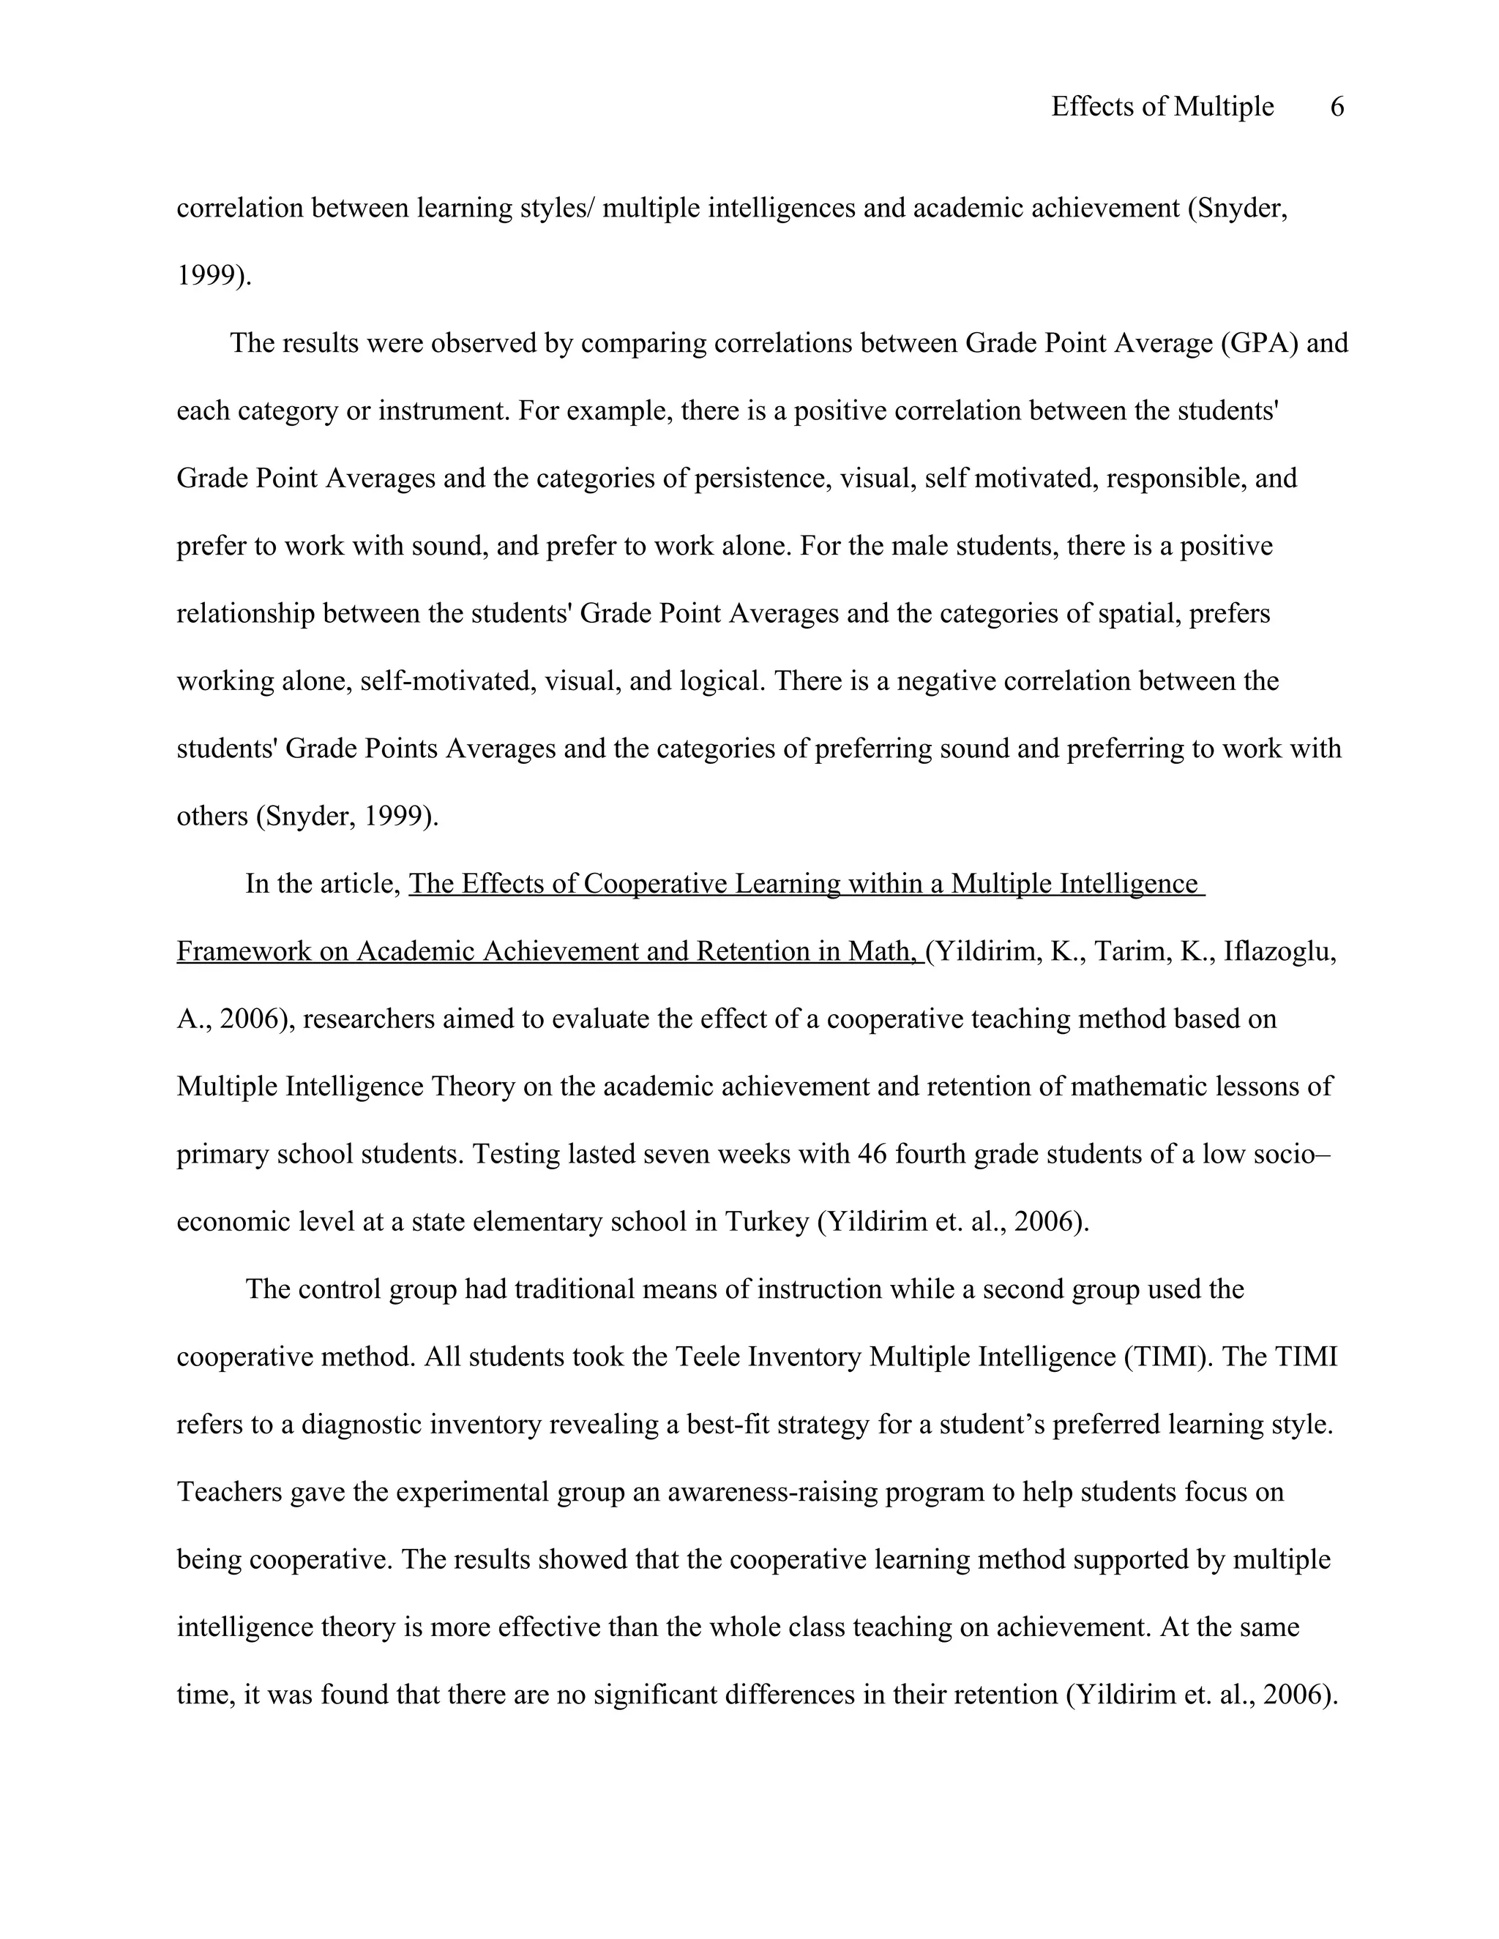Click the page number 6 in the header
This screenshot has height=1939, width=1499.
tap(1337, 108)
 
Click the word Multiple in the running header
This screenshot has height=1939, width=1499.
tap(1223, 108)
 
